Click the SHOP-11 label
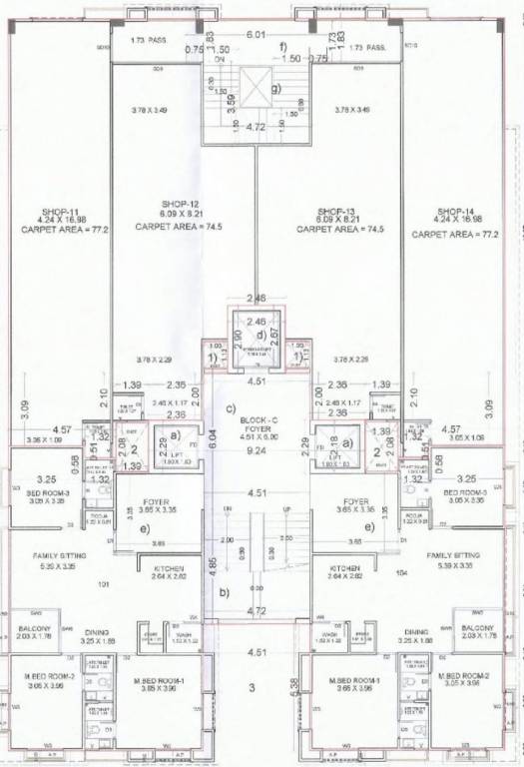point(61,212)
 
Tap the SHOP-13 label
point(335,212)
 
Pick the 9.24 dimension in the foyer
point(260,449)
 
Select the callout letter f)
point(282,47)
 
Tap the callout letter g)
point(288,87)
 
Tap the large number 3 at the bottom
point(252,687)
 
